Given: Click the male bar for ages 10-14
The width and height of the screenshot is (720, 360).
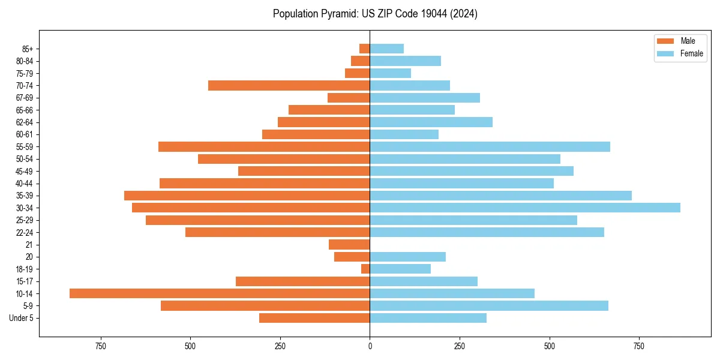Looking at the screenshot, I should coord(220,293).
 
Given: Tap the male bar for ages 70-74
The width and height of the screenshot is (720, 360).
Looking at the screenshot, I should coord(289,85).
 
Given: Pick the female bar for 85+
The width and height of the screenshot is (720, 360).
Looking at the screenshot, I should coord(386,49).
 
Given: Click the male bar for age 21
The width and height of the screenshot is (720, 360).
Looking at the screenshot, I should coord(349,244).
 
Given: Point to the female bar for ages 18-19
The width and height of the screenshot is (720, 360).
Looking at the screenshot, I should coord(400,269).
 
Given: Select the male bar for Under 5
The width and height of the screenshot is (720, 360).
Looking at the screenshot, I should coord(314,318).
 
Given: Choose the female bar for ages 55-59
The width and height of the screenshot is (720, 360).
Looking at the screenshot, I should coord(490,146).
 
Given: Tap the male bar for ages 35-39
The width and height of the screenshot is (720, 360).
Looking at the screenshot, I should coord(247,196).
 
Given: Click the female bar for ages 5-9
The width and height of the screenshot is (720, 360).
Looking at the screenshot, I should coord(489,305).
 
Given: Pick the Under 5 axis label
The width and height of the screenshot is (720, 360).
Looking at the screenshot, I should coord(22,318).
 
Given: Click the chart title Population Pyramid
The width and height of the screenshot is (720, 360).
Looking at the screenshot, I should coord(375,14).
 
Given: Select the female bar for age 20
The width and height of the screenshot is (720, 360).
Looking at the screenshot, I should coord(407,257).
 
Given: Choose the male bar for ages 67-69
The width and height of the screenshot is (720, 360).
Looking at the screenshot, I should coord(349,98).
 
